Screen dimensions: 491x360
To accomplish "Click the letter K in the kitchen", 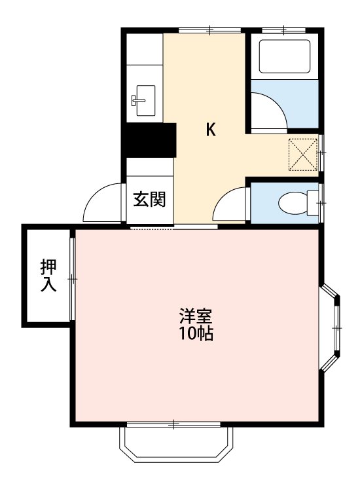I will [211, 130].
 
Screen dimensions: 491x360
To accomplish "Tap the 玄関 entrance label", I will [149, 199].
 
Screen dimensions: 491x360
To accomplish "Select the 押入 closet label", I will [48, 275].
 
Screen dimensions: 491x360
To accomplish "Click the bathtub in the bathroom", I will [284, 57].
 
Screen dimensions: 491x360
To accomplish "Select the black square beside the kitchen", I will [150, 141].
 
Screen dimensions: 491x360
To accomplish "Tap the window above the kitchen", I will [209, 29].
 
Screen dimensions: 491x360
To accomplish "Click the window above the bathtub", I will [283, 29].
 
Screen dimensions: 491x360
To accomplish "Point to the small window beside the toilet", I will [321, 203].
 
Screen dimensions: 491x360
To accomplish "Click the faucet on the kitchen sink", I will [137, 100].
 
